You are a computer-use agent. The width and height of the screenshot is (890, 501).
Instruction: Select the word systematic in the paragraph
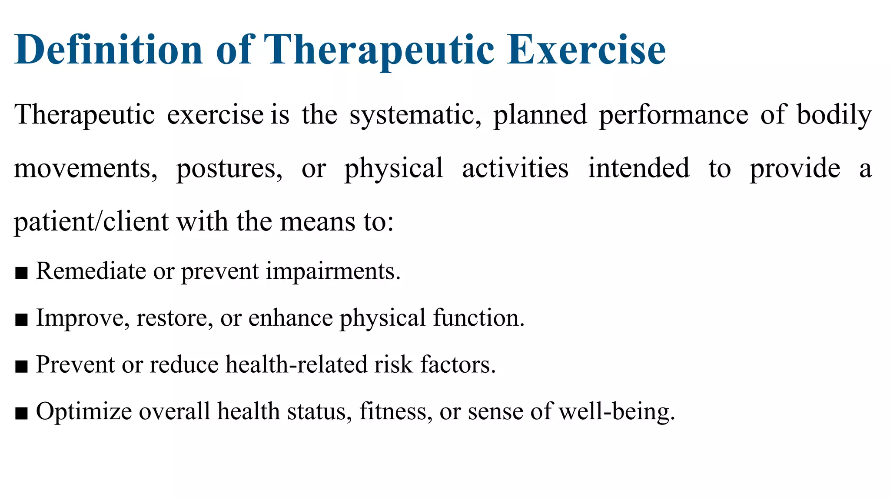pos(415,115)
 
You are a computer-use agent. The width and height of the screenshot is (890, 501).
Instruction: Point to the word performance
pos(674,115)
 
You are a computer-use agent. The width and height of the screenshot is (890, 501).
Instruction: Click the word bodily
pos(834,115)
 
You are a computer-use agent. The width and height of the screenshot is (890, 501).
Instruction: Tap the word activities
pos(515,169)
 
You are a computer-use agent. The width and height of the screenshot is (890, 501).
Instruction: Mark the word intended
pos(638,169)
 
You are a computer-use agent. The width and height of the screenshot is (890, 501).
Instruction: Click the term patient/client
pos(91,222)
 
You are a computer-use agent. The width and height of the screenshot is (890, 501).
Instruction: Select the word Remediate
pos(91,271)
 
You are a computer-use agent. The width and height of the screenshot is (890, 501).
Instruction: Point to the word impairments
pos(333,272)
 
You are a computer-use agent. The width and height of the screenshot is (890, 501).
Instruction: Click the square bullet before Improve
pos(21,320)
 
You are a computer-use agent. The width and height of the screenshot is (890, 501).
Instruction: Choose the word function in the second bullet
pos(478,318)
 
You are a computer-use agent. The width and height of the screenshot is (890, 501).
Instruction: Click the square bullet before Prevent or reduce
pos(21,367)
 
